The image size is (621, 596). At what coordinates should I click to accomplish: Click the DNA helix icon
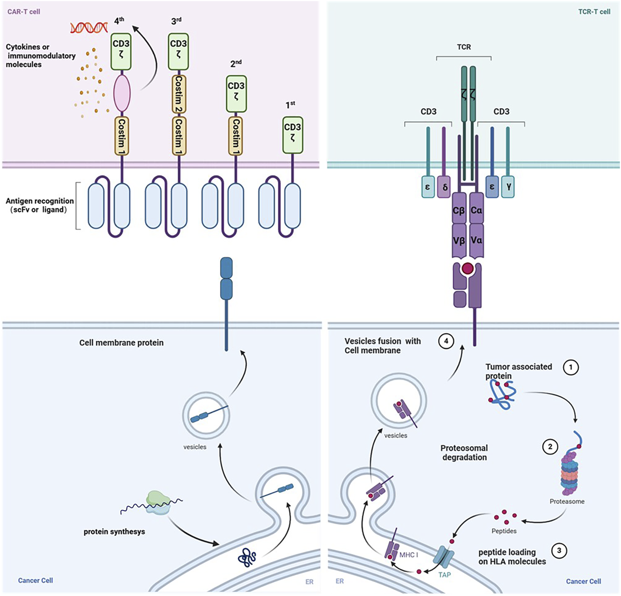[89, 28]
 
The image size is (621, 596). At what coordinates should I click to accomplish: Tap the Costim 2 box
[179, 94]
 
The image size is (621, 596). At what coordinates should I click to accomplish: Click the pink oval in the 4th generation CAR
[122, 93]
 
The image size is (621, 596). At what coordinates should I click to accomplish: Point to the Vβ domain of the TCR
[459, 240]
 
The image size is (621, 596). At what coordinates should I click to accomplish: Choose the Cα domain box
[476, 209]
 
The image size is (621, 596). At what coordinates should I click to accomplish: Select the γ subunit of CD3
[508, 186]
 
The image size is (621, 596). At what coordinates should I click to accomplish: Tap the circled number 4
[446, 341]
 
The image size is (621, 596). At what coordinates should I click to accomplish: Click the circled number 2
[550, 447]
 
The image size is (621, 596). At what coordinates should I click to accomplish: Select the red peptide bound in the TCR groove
[467, 268]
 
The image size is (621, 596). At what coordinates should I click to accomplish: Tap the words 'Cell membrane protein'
[121, 342]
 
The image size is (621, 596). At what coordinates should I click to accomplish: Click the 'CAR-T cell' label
[24, 12]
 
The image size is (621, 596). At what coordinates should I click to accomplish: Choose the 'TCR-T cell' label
[594, 12]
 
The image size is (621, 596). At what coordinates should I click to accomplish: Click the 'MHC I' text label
[409, 555]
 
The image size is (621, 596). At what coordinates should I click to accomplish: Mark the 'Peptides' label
[504, 531]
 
